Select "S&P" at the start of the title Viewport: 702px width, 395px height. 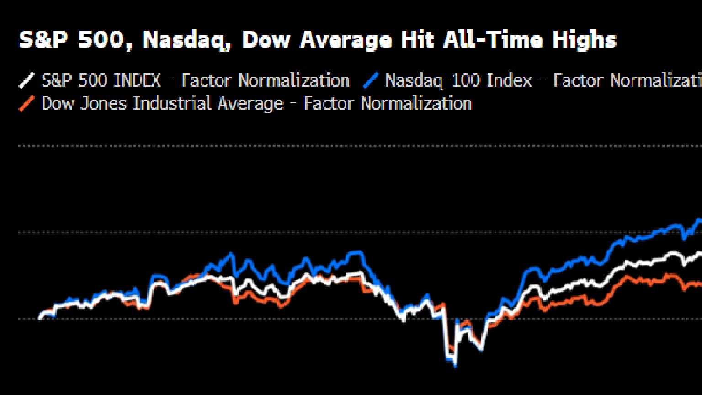[44, 40]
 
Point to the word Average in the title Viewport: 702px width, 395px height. [346, 40]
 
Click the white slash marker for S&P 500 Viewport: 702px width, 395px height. [27, 81]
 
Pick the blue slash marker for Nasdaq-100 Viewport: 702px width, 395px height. [370, 81]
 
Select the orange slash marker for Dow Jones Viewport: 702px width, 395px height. [27, 104]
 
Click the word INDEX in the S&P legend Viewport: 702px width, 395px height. [137, 81]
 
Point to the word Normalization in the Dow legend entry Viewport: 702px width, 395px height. [416, 104]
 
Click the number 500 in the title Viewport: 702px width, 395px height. [103, 40]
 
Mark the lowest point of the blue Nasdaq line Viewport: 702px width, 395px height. [455, 365]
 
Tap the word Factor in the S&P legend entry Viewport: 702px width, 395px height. [206, 81]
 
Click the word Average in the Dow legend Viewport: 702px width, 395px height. [250, 104]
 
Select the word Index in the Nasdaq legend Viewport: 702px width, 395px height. [509, 81]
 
